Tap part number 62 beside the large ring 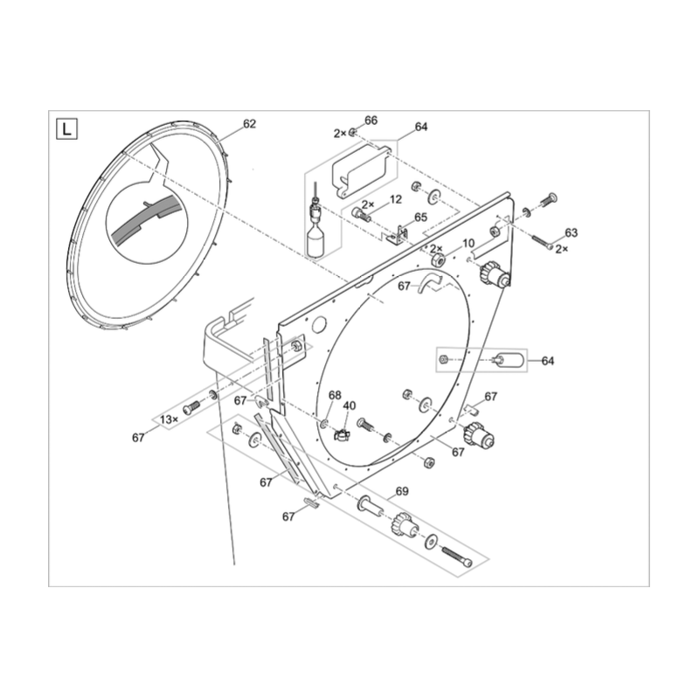click(250, 124)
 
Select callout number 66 click(370, 121)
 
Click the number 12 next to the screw click(396, 199)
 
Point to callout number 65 click(420, 218)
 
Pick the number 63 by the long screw click(571, 232)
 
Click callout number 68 click(335, 395)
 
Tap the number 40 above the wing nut click(349, 406)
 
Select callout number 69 click(402, 492)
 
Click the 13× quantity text click(169, 419)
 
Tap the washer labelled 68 click(324, 424)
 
